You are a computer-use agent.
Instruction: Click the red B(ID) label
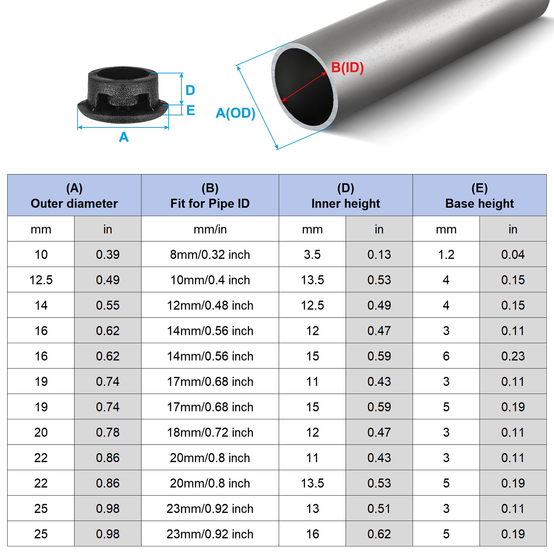pos(347,68)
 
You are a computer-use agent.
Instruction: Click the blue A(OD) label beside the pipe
pos(235,113)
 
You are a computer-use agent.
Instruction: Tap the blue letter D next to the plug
pos(190,90)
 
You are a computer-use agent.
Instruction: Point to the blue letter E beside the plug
pos(190,110)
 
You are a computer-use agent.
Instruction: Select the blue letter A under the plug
pos(124,137)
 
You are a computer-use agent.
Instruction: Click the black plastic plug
pos(123,95)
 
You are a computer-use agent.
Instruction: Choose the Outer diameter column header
pos(74,196)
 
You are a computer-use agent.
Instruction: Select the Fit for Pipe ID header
pos(210,196)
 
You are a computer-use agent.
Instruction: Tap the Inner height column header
pos(346,196)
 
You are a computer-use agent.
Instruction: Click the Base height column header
pos(479,196)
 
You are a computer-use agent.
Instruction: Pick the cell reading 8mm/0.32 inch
pos(210,254)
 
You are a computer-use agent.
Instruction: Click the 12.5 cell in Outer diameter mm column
pos(41,280)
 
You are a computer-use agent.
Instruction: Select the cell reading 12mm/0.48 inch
pos(210,305)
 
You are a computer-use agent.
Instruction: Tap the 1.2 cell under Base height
pos(446,254)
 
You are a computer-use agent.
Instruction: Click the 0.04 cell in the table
pos(513,254)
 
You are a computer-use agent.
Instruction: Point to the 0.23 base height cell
pos(513,356)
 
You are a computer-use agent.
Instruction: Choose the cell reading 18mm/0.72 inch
pos(210,432)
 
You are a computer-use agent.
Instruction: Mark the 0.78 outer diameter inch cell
pos(108,432)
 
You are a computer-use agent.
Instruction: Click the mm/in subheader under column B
pos(210,229)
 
